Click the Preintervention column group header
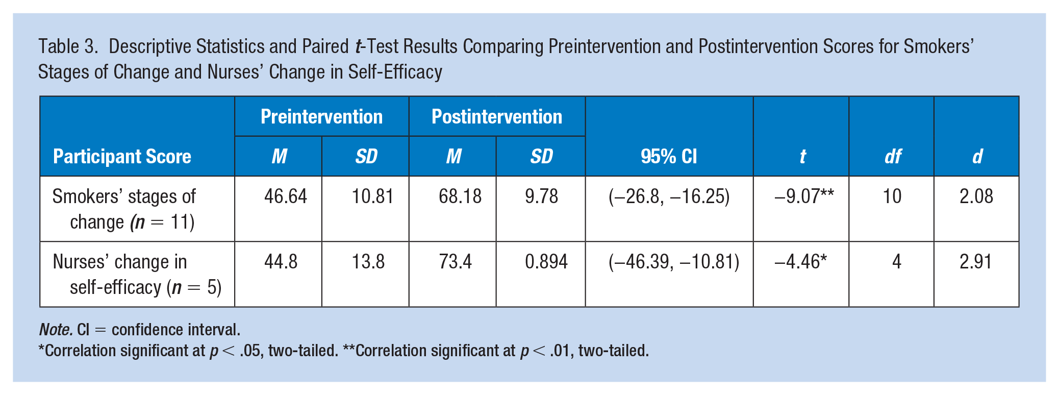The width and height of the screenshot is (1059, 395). (x=321, y=117)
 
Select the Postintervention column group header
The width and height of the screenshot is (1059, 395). (x=497, y=117)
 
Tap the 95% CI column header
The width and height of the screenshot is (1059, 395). (x=669, y=156)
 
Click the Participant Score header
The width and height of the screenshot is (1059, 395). (x=122, y=156)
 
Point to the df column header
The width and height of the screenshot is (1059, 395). (x=893, y=156)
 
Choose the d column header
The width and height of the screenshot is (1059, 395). (x=977, y=156)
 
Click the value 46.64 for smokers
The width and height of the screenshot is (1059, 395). (x=286, y=196)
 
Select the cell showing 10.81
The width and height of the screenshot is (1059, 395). (x=372, y=196)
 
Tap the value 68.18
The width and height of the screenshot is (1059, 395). (x=460, y=196)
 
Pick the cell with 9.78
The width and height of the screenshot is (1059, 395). (x=542, y=196)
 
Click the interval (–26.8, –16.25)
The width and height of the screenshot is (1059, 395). (x=669, y=196)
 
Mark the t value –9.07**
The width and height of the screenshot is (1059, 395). (x=804, y=196)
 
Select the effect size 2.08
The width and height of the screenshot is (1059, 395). (x=976, y=196)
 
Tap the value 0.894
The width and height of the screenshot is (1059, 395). (x=546, y=262)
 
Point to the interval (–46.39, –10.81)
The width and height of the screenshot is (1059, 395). (x=674, y=262)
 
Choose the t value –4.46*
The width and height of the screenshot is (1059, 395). (x=800, y=261)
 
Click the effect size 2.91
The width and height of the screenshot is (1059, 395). (x=976, y=262)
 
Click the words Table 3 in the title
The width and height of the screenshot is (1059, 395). (x=68, y=46)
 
